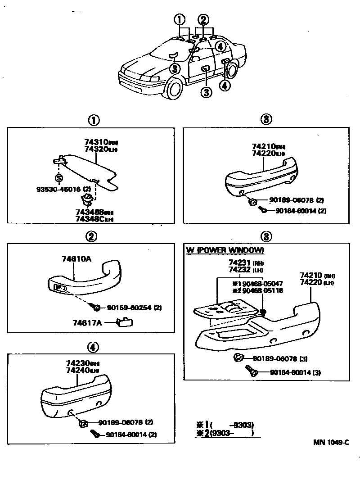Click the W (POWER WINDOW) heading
pos(225,250)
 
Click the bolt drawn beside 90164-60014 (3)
pos(250,371)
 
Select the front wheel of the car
pos(174,88)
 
